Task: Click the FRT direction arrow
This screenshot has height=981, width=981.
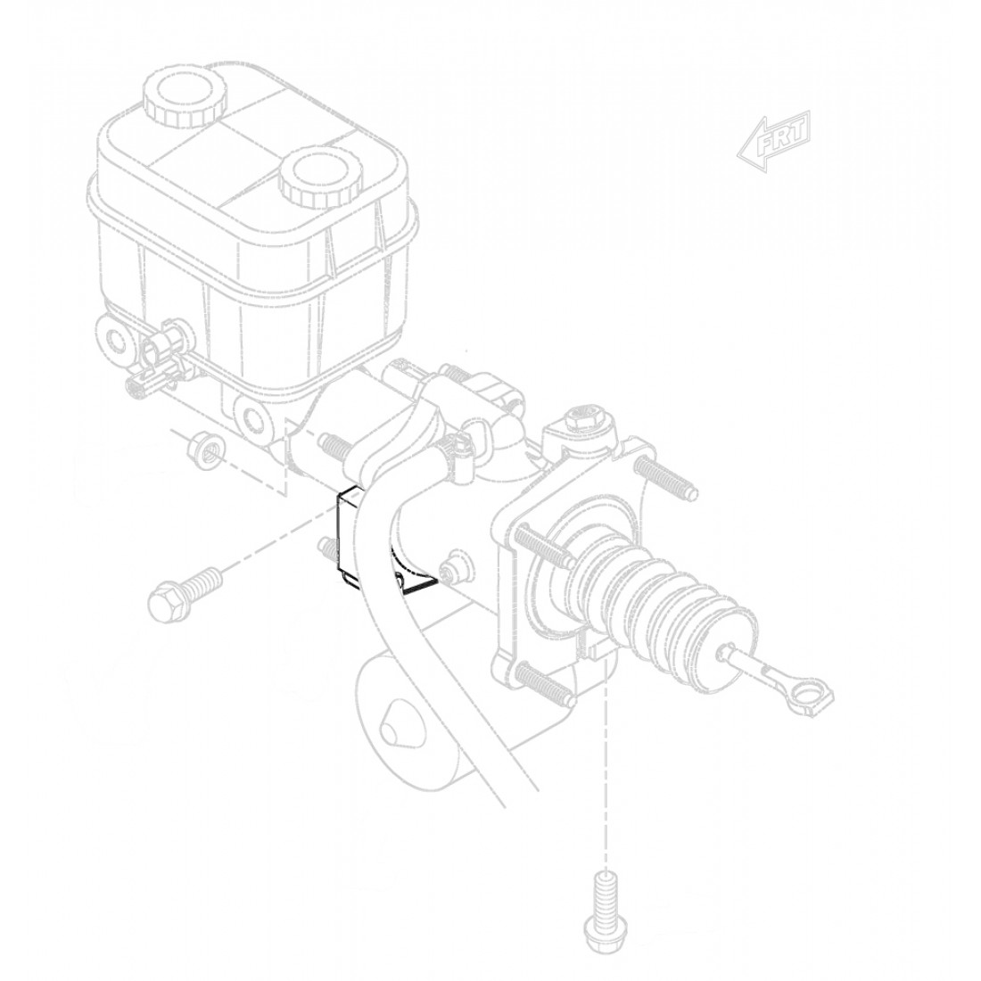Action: tap(773, 140)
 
